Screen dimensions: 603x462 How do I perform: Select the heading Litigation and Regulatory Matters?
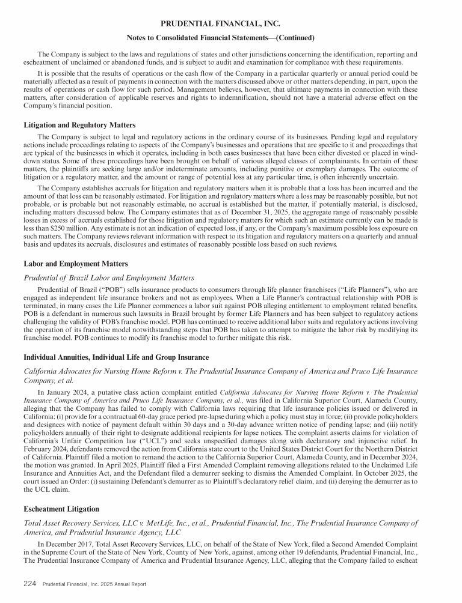click(79, 125)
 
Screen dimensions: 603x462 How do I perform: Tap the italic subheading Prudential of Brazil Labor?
click(108, 277)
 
